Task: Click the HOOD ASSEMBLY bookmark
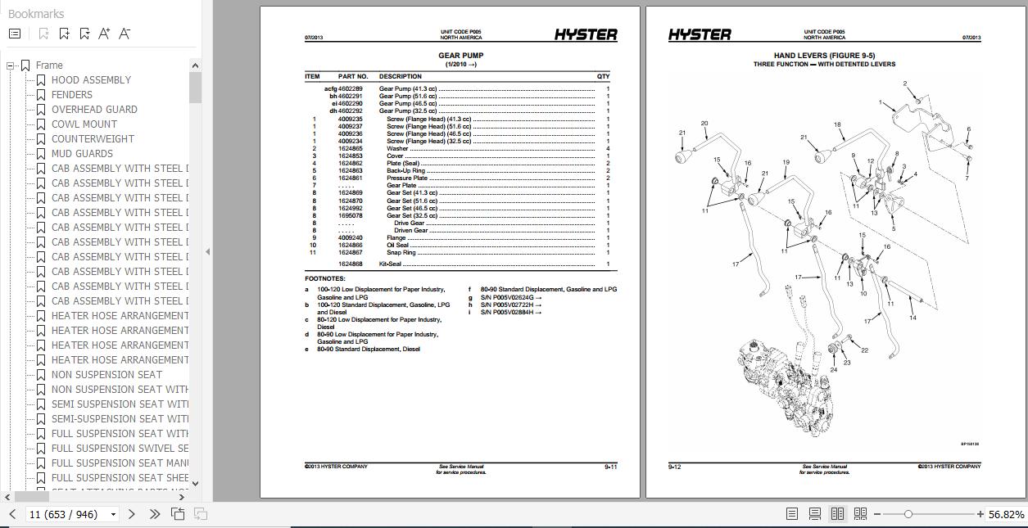click(x=91, y=80)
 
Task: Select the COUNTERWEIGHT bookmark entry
click(x=93, y=139)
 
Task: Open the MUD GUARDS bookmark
click(x=82, y=154)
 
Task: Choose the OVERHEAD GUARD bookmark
click(x=94, y=110)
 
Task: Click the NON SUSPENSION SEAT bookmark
click(x=106, y=375)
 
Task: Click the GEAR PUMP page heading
click(x=460, y=56)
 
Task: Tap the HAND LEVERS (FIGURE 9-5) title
click(x=824, y=56)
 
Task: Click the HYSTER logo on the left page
click(x=586, y=34)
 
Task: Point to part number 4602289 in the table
click(x=350, y=88)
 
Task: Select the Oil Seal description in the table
click(x=398, y=246)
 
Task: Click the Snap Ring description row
click(x=401, y=253)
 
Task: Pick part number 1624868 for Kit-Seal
click(x=350, y=264)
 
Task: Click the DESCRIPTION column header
click(x=400, y=76)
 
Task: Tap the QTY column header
click(x=603, y=76)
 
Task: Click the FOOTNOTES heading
click(x=325, y=278)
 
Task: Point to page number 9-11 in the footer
click(x=610, y=467)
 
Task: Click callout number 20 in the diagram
click(x=704, y=124)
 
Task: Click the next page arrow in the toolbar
click(x=132, y=514)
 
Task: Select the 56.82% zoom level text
click(x=1006, y=514)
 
